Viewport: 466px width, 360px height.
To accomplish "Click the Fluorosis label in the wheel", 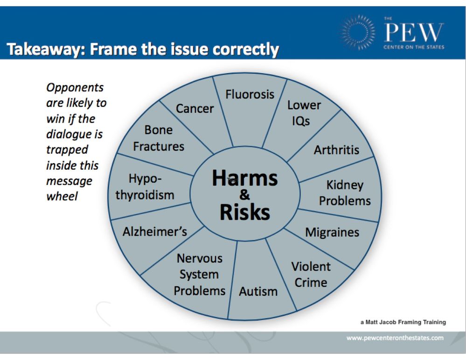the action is (x=250, y=95).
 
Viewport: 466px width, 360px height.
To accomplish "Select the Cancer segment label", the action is (x=195, y=109).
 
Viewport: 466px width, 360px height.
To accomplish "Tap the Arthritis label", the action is (x=336, y=150).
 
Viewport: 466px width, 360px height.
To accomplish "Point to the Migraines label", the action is (x=332, y=232).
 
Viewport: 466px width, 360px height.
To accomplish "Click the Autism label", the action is (x=258, y=291).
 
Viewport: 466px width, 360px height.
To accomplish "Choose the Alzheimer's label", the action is (x=155, y=231).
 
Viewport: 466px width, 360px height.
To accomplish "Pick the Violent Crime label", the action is (x=311, y=275).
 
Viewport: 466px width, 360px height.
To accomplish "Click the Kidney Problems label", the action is (x=345, y=193).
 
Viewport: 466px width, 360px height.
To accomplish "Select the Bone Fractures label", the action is (x=159, y=138).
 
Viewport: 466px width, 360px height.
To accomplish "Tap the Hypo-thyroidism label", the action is (x=145, y=187).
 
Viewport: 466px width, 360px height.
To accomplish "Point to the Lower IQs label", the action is (x=304, y=113).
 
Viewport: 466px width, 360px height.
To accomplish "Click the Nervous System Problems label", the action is (x=200, y=275).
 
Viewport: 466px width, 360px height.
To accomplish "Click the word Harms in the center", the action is (x=244, y=178).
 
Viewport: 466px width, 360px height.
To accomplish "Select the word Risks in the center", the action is (x=244, y=212).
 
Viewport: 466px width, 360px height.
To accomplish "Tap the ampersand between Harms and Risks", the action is (x=244, y=195).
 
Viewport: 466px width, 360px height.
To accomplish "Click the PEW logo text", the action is (x=414, y=33).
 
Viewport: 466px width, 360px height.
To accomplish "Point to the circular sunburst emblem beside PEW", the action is (x=357, y=32).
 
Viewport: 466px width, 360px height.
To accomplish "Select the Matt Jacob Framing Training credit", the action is (x=403, y=322).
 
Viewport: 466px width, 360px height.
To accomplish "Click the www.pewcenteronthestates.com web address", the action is (x=395, y=338).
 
